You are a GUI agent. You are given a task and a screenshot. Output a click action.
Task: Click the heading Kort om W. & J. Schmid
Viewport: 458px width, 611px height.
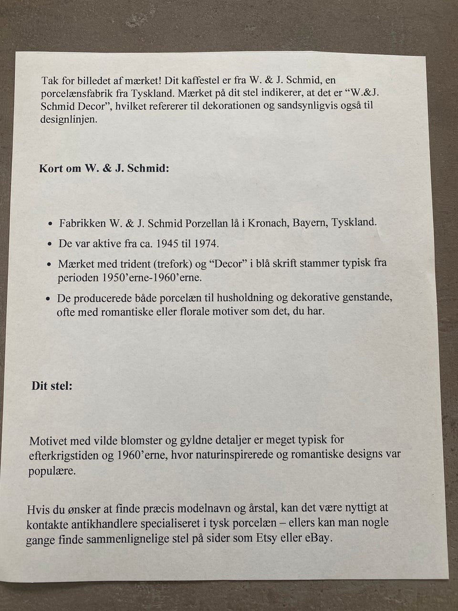(x=104, y=169)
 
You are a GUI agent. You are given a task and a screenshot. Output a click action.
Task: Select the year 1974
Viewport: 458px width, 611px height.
(x=206, y=244)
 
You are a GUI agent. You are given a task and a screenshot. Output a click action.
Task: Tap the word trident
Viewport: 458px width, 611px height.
(x=130, y=263)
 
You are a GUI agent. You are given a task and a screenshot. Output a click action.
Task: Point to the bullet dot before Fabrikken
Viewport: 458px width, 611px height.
(x=51, y=223)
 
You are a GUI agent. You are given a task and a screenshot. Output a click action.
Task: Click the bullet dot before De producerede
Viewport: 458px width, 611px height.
(x=49, y=299)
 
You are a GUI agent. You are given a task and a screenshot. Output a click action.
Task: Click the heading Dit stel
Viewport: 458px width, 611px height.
(x=52, y=386)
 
